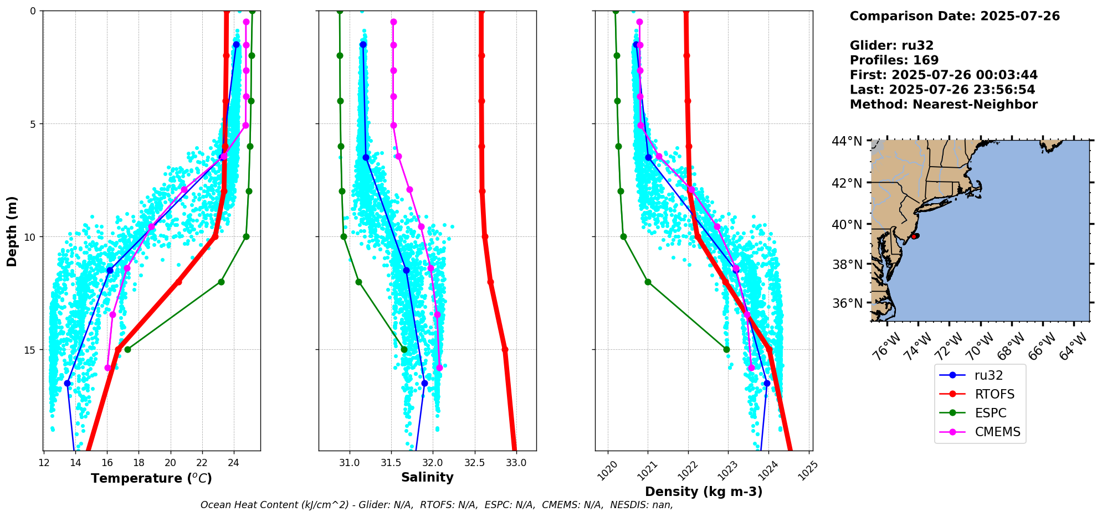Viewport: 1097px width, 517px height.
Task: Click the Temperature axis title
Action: click(x=151, y=478)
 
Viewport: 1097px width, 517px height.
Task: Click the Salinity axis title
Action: click(x=427, y=477)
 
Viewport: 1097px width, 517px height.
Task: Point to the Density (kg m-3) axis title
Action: click(x=704, y=492)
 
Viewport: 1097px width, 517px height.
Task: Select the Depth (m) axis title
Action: click(x=12, y=231)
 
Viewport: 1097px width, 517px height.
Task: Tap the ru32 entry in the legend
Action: click(x=988, y=375)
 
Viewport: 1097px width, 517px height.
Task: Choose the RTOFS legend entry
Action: click(x=995, y=394)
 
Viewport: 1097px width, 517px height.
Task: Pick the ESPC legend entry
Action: click(x=991, y=413)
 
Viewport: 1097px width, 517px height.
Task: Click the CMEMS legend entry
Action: click(x=997, y=432)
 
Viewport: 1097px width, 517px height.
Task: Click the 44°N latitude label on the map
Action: click(x=847, y=141)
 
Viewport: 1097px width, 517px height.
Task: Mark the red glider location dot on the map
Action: click(x=915, y=236)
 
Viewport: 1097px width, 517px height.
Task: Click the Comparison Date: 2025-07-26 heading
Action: click(x=955, y=16)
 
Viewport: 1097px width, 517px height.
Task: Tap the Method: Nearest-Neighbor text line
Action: click(x=944, y=105)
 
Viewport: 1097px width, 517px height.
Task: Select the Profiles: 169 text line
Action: click(x=894, y=60)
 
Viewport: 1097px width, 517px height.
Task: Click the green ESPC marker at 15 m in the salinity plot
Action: click(x=404, y=349)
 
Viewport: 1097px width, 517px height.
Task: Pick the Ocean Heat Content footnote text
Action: click(x=437, y=505)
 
